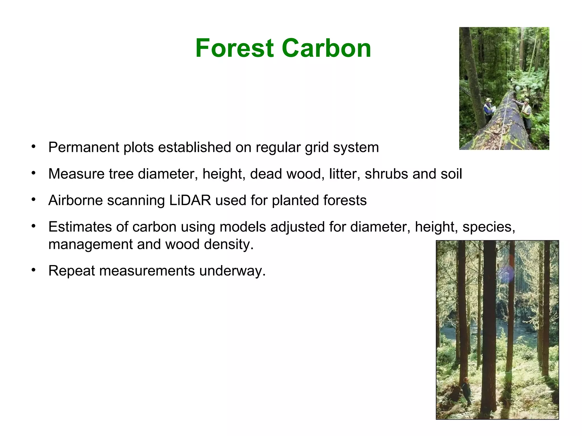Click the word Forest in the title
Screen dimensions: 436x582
[x=234, y=48]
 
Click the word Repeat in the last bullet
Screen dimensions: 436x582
[x=72, y=271]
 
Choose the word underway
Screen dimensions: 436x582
[x=232, y=271]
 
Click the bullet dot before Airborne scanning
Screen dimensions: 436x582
[x=34, y=200]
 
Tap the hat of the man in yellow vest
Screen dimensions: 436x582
[x=527, y=100]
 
